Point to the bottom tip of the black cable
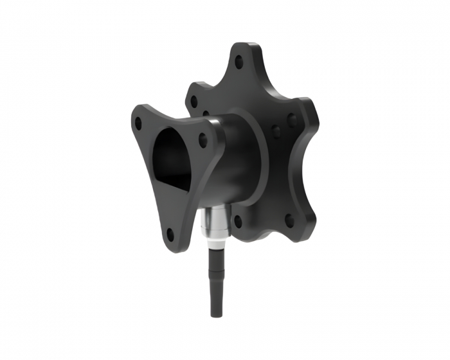point(213,314)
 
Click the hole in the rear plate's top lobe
point(239,62)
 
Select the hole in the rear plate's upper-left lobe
point(192,101)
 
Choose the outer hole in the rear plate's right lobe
point(292,120)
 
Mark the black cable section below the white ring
point(213,276)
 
